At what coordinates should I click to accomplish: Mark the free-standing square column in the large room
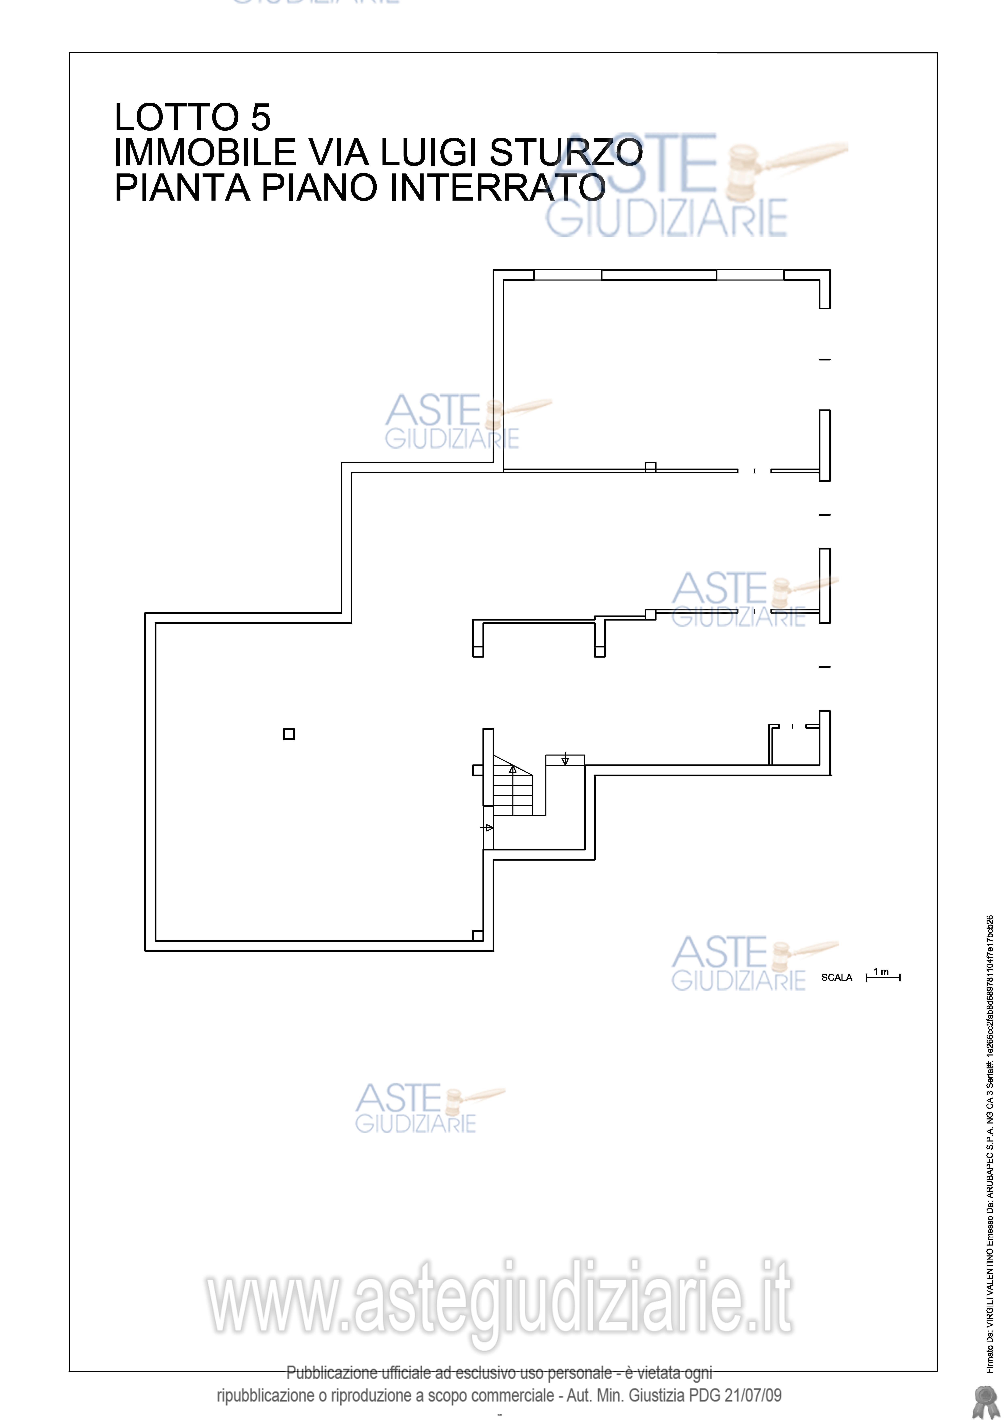click(x=289, y=734)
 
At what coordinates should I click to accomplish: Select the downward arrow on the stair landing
click(x=565, y=759)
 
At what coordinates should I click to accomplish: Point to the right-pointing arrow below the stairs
click(x=488, y=828)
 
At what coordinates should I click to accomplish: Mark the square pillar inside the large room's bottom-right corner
click(x=478, y=935)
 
